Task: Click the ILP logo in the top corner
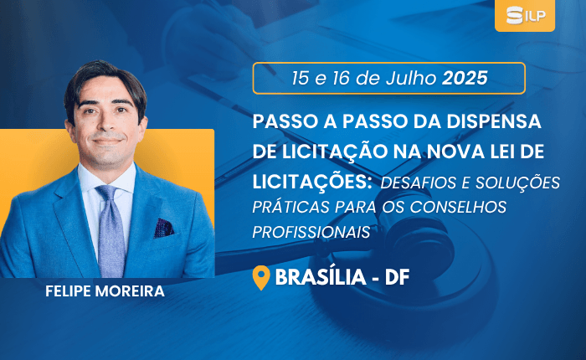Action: pos(525,15)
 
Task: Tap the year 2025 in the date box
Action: pos(465,78)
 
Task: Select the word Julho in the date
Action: pos(411,78)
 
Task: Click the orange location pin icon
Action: pos(261,278)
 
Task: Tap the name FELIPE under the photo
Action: pos(69,291)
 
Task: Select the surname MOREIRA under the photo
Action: pos(130,291)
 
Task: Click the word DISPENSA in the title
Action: pos(494,121)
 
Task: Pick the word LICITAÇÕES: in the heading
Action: pos(312,181)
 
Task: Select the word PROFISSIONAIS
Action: pos(311,232)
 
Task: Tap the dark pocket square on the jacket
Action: pos(163,228)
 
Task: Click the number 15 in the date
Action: pos(301,79)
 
